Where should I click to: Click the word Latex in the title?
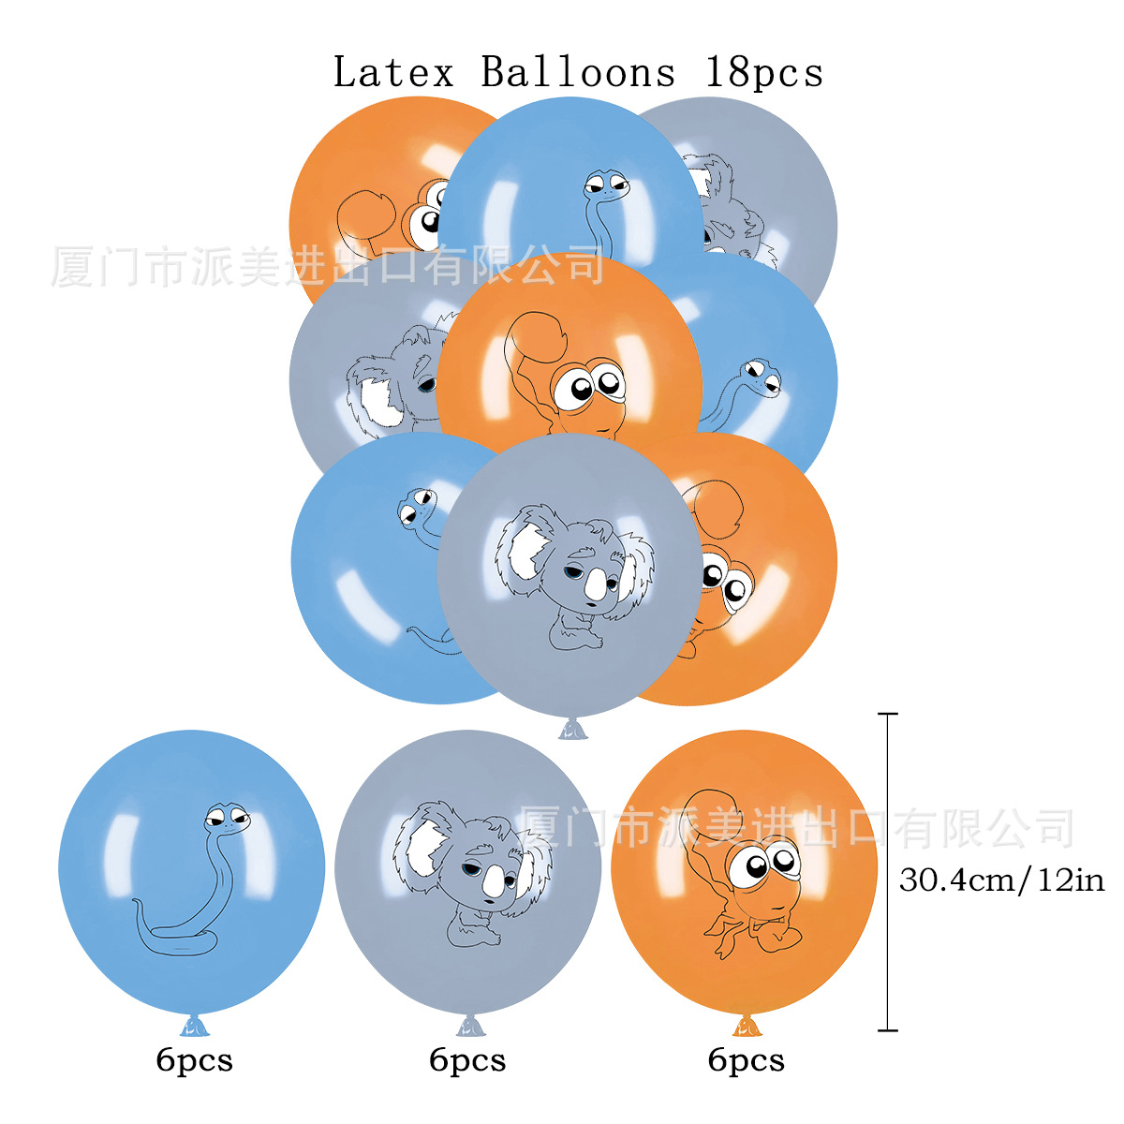click(393, 72)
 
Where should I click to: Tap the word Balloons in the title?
click(578, 72)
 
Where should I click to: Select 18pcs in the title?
click(764, 72)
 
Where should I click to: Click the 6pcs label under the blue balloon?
click(194, 1060)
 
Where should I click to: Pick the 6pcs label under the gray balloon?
click(467, 1060)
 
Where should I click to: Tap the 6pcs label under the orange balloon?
click(746, 1060)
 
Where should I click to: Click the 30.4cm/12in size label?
click(1001, 880)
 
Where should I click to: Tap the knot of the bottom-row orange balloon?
click(746, 1026)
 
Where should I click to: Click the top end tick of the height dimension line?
click(887, 715)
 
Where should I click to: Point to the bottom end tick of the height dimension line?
click(887, 1030)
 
